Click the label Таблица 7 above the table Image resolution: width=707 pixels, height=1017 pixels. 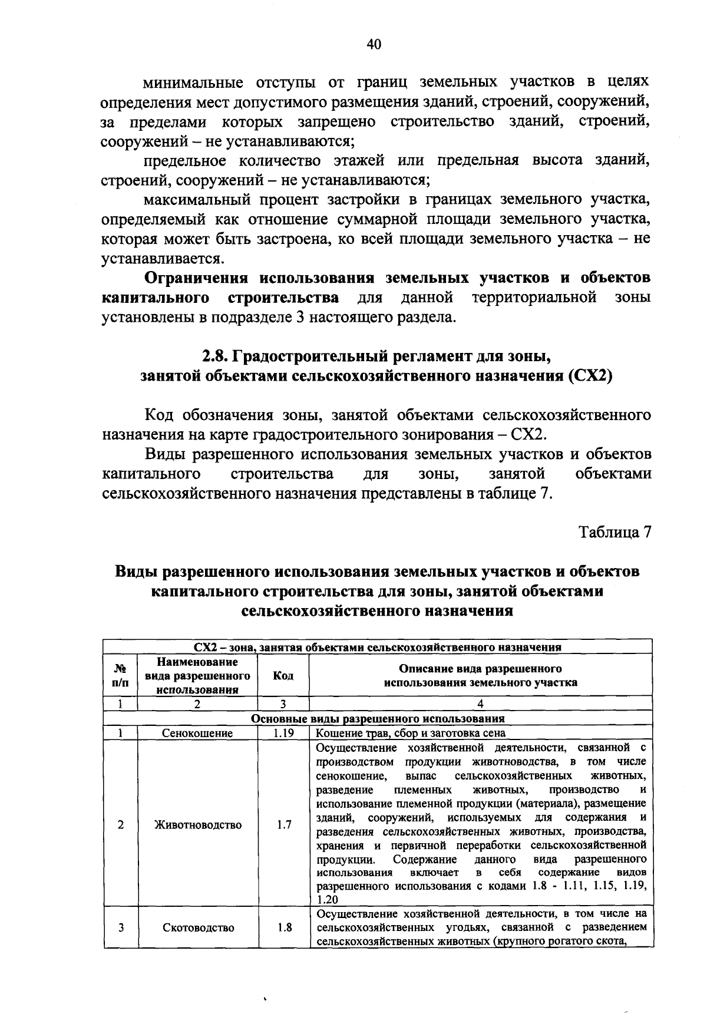[615, 532]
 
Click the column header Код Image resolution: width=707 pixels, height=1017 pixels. [283, 676]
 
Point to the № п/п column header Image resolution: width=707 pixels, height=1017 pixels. [120, 676]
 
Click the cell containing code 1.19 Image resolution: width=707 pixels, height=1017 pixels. [283, 734]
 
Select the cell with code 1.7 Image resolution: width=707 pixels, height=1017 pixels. [283, 825]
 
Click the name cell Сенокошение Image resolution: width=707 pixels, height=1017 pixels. [197, 734]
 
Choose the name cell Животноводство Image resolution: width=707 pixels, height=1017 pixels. [197, 825]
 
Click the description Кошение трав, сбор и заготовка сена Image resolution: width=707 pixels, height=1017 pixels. [411, 734]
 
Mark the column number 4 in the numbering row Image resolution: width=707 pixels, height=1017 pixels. [480, 704]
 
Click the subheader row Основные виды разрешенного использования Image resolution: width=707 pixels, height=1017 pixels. [378, 719]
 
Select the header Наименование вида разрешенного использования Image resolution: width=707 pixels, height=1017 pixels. [197, 676]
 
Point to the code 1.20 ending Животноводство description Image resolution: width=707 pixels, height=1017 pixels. [328, 900]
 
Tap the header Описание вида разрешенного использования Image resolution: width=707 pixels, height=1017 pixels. [480, 676]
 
